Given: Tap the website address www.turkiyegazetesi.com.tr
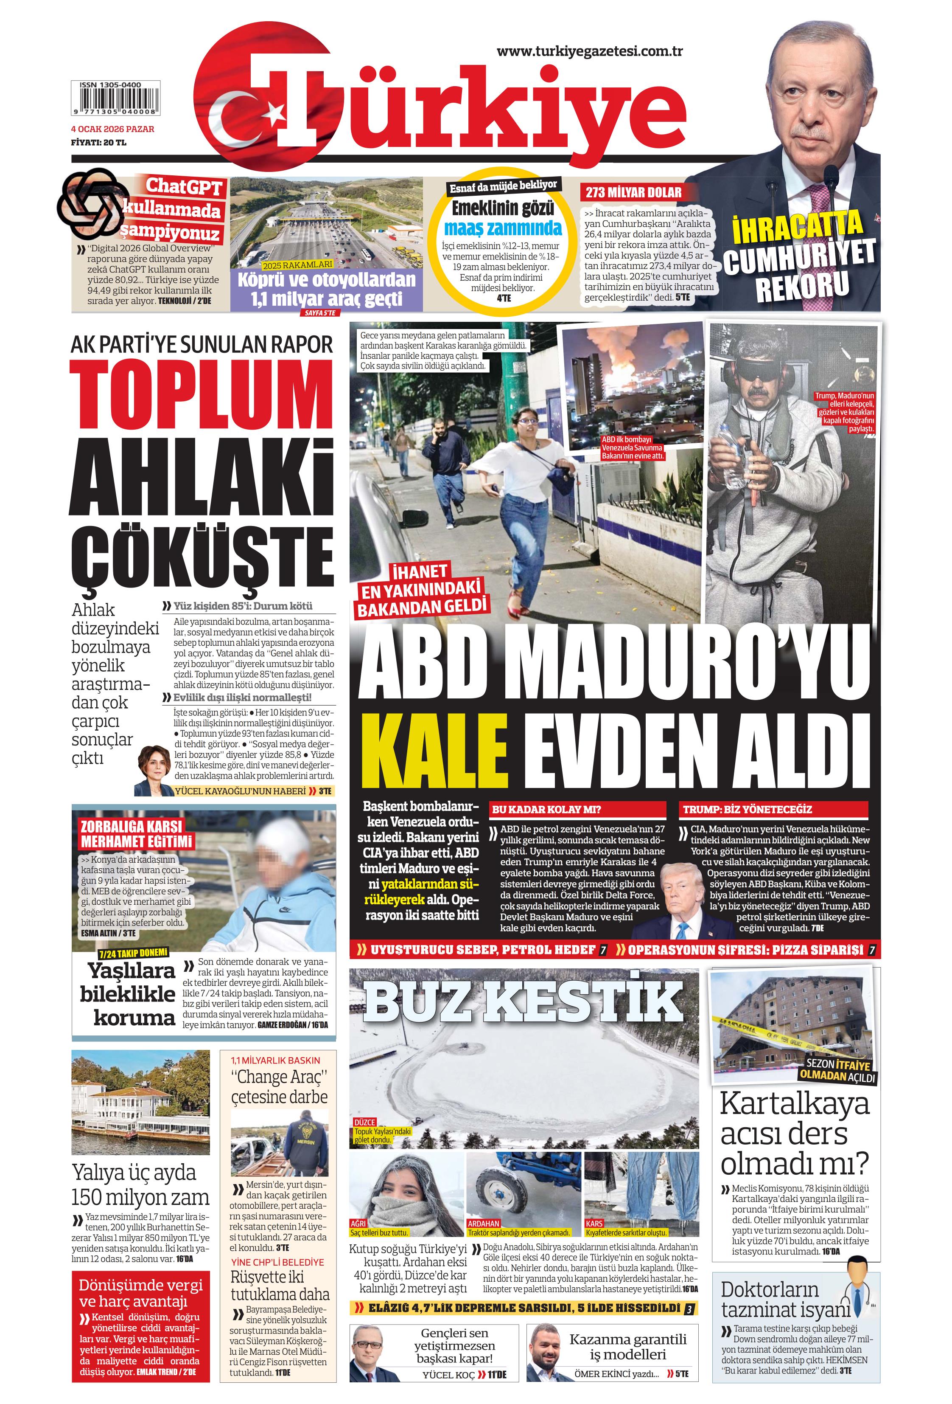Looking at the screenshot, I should click(x=589, y=51).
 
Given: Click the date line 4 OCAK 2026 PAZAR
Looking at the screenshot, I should click(x=112, y=129).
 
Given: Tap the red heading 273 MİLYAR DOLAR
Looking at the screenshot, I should click(x=633, y=193).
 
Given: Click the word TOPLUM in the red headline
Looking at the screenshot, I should click(x=202, y=396).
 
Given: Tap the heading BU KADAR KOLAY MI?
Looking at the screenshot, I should click(x=546, y=809).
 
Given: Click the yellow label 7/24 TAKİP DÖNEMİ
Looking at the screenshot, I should click(x=133, y=953).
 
